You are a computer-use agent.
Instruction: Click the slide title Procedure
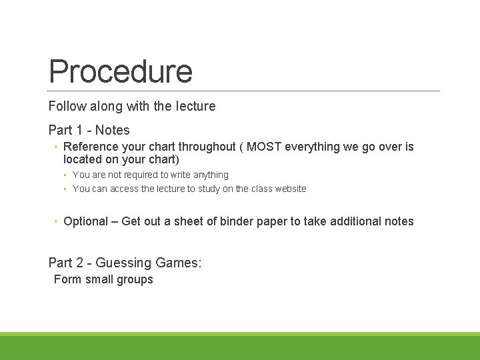120,71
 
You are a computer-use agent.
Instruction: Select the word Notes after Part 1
113,130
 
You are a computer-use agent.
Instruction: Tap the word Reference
92,147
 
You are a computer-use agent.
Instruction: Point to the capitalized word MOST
264,147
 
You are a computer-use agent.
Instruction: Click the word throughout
205,147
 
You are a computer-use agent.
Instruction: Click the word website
288,189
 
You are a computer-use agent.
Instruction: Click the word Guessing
124,263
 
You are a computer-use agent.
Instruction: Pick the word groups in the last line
135,279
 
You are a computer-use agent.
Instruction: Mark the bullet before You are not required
66,175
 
